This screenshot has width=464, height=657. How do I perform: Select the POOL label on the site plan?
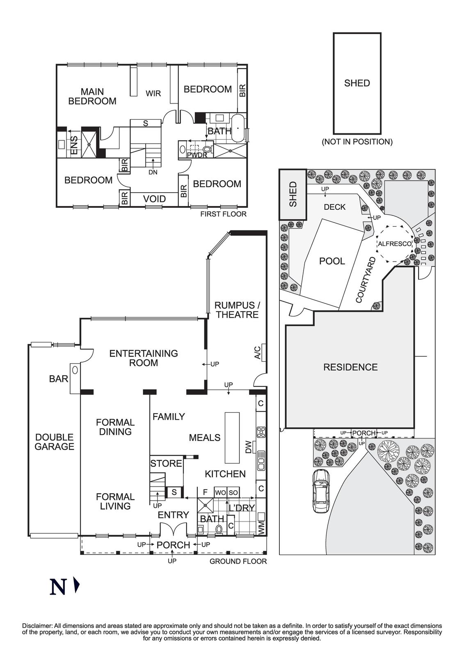tap(332, 261)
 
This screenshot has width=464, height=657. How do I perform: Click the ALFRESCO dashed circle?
tap(394, 244)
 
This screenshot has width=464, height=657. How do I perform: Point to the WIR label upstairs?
tap(153, 94)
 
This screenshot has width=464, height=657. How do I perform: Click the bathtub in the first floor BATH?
tap(238, 129)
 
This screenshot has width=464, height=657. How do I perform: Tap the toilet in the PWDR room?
tap(206, 149)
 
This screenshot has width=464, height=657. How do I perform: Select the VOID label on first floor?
tap(154, 199)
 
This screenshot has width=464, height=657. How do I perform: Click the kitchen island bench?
tap(232, 438)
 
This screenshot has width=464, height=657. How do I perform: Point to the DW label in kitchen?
tap(248, 447)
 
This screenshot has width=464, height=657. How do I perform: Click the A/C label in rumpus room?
tap(257, 353)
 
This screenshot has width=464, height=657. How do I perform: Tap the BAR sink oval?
tap(75, 370)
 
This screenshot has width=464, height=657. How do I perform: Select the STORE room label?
tap(166, 464)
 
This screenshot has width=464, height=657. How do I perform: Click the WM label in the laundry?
tap(261, 526)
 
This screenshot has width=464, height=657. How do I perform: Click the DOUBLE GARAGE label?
tap(54, 442)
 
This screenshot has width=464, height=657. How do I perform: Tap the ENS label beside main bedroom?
tap(74, 145)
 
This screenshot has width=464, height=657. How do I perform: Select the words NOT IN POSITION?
tap(357, 142)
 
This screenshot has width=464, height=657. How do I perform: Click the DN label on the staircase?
tap(153, 172)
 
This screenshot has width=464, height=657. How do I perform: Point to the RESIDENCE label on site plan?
tap(350, 367)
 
